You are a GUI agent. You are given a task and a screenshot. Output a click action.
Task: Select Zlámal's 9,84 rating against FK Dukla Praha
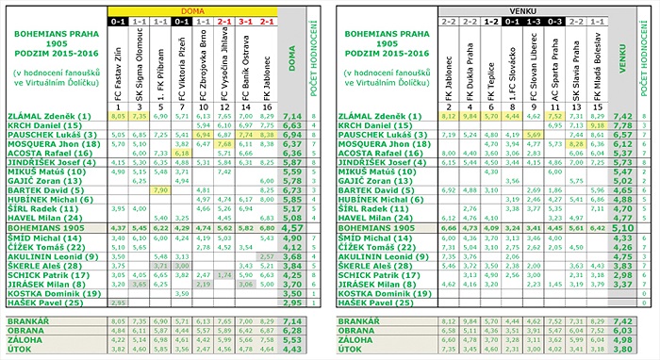pos(470,116)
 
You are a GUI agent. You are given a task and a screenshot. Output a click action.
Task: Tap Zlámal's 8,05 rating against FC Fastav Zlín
pos(118,116)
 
